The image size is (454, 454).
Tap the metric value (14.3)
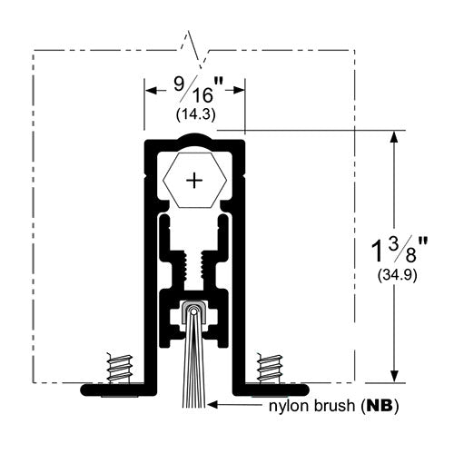(196, 114)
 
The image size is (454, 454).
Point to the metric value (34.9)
(398, 275)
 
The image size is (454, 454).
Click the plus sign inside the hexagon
(194, 181)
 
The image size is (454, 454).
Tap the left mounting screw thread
(120, 368)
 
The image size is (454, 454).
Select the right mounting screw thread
(270, 368)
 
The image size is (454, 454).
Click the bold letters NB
(380, 406)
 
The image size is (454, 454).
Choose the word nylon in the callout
(289, 407)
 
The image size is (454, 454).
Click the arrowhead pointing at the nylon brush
(212, 404)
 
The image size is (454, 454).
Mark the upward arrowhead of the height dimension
(393, 137)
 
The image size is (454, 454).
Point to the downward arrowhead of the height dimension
(393, 377)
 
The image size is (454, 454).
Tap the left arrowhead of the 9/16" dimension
(151, 90)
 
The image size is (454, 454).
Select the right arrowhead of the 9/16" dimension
(239, 90)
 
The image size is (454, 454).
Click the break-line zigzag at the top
(193, 50)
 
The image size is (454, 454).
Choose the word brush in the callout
(335, 406)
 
